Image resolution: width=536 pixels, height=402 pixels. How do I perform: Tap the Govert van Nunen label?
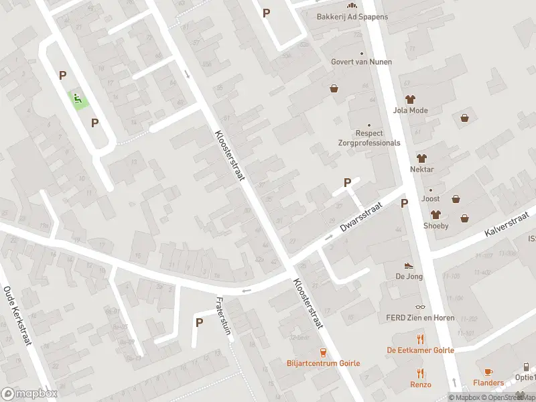361,62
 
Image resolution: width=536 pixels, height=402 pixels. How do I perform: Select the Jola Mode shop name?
411,111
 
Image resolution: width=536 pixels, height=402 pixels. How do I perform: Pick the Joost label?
430,199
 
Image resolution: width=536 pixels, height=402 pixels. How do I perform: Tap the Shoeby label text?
435,226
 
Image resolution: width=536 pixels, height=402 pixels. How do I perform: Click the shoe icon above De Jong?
409,266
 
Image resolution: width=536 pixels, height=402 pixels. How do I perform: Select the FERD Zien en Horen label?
420,318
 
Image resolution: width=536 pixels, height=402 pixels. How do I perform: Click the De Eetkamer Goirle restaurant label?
420,350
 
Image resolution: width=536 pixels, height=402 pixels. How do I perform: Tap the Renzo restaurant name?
421,385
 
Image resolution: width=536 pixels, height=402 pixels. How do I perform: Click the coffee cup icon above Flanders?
488,372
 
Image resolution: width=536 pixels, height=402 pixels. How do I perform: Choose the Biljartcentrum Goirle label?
323,363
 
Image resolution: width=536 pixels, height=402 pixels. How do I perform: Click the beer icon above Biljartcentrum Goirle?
323,352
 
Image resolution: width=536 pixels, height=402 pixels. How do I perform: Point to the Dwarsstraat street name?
360,218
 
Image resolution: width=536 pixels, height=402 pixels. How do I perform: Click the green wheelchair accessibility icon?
79,100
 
